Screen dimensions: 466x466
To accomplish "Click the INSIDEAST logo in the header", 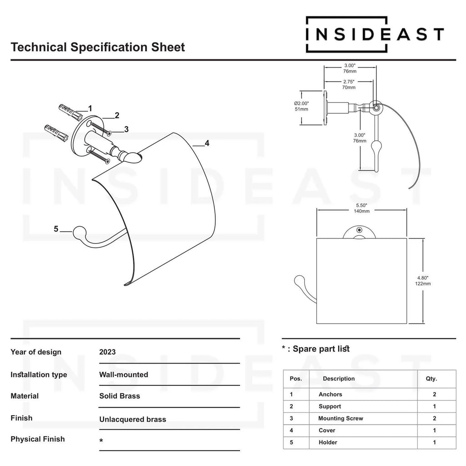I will [374, 34].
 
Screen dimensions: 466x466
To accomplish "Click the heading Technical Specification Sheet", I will [97, 47].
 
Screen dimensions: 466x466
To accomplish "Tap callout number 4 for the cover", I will [207, 143].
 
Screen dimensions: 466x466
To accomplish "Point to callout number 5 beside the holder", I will [56, 229].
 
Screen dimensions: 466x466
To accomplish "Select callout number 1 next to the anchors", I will [90, 108].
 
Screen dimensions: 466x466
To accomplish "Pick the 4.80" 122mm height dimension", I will [423, 280].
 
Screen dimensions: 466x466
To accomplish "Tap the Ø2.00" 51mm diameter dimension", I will [301, 106].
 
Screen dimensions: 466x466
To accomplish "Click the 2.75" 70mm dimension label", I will [349, 84].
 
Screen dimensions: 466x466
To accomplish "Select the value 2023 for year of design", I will [107, 352].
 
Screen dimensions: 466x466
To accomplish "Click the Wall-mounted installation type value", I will [123, 375].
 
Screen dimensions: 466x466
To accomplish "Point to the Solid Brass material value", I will [120, 396].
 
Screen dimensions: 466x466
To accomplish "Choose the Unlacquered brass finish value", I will [132, 419].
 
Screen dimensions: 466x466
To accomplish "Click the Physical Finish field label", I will [37, 439].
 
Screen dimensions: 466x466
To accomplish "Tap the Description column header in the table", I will [339, 379].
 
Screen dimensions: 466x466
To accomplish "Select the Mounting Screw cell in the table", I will [340, 418].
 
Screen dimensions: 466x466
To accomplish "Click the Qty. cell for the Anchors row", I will [435, 395].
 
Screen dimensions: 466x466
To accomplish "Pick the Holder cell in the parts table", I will [328, 442].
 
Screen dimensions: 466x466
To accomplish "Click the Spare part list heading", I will [321, 349].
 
